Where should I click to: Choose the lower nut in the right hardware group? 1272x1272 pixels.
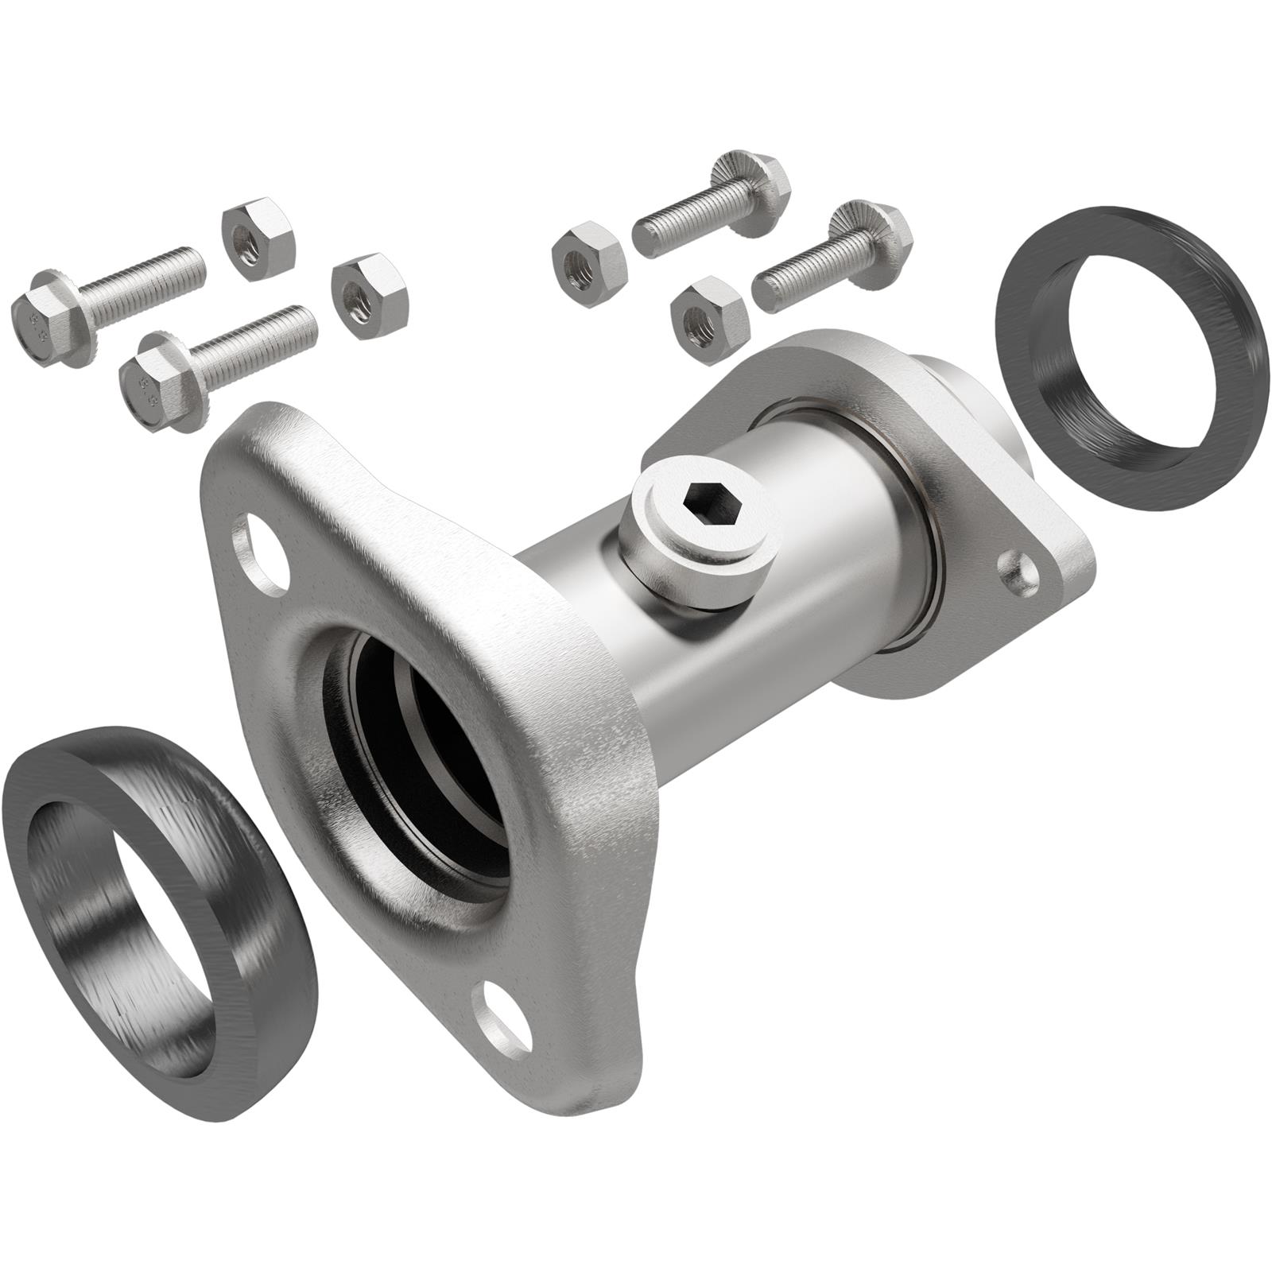(x=708, y=318)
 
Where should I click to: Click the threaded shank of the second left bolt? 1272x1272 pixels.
(x=254, y=342)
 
